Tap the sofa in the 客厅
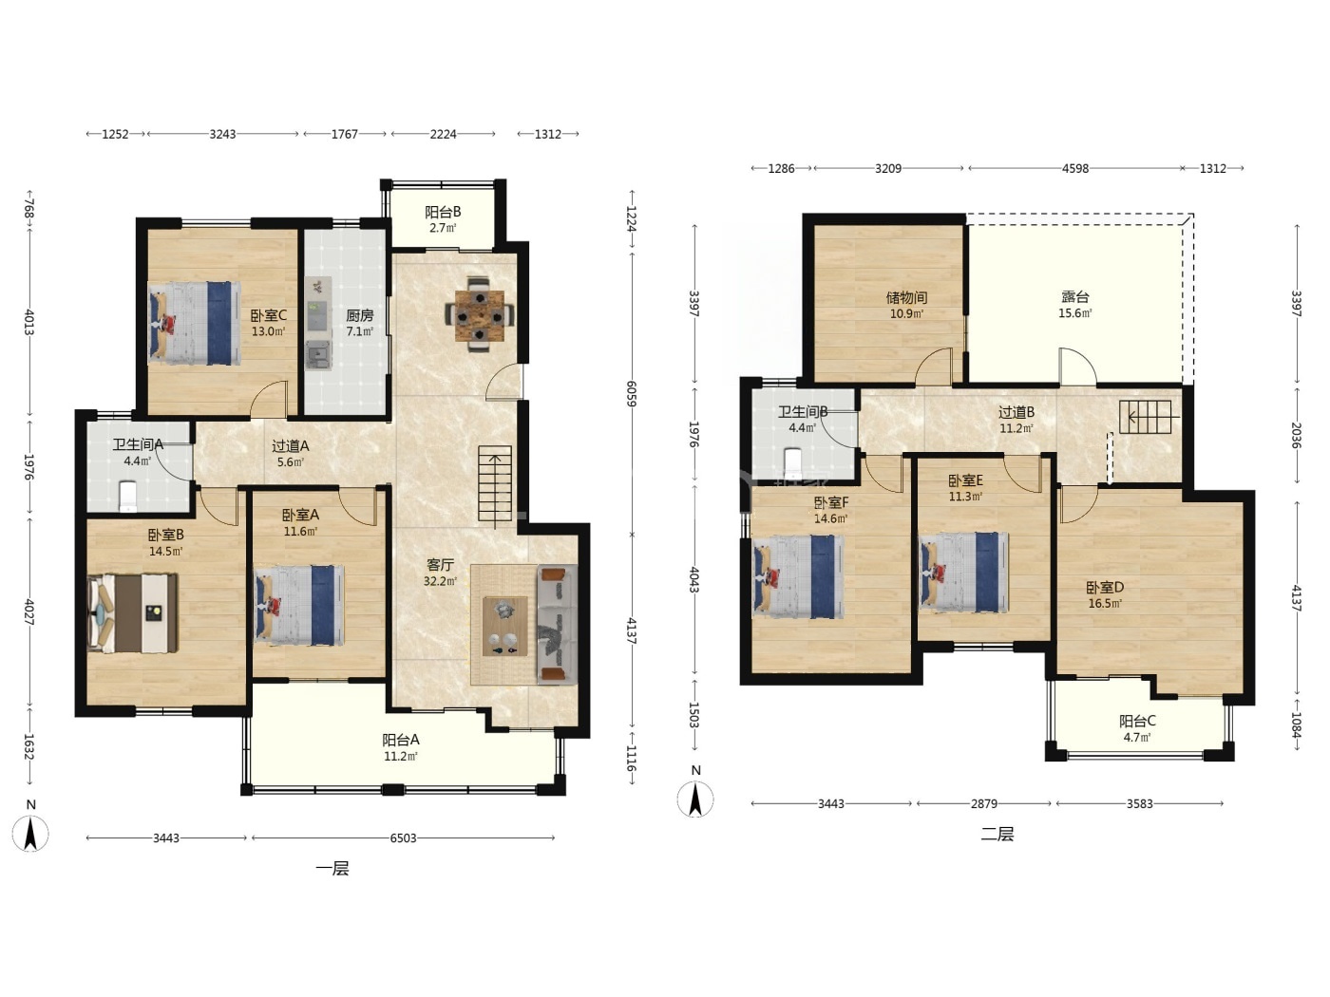pyautogui.click(x=557, y=625)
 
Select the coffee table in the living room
pyautogui.click(x=504, y=626)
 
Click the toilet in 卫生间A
pyautogui.click(x=128, y=496)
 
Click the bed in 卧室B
pyautogui.click(x=133, y=613)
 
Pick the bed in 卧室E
pyautogui.click(x=964, y=572)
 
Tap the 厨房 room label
pyautogui.click(x=359, y=315)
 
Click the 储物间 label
pyautogui.click(x=906, y=297)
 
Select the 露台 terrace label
pyautogui.click(x=1074, y=296)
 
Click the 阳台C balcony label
pyautogui.click(x=1137, y=721)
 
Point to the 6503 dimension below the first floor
pyautogui.click(x=403, y=837)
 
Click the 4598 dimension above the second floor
pyautogui.click(x=1074, y=168)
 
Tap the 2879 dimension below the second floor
pyautogui.click(x=983, y=803)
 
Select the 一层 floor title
pyautogui.click(x=332, y=869)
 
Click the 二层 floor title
pyautogui.click(x=997, y=835)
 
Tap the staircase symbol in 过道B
pyautogui.click(x=1149, y=417)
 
